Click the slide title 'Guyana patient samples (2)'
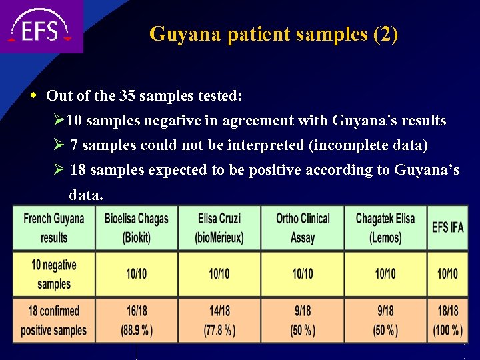click(x=273, y=33)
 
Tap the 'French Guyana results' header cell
click(x=54, y=227)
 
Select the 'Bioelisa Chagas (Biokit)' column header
click(x=136, y=227)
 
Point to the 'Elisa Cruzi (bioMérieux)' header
click(x=219, y=227)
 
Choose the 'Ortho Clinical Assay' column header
click(x=303, y=227)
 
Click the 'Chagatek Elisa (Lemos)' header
click(x=385, y=227)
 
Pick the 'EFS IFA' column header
click(x=447, y=227)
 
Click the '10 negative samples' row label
click(x=54, y=274)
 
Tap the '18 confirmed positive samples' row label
click(x=54, y=320)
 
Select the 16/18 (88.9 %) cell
click(x=136, y=320)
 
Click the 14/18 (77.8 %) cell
click(x=219, y=320)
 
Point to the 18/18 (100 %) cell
click(x=447, y=320)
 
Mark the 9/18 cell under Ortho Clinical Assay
click(x=303, y=320)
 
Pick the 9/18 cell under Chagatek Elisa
click(x=385, y=320)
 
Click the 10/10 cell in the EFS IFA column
click(x=447, y=274)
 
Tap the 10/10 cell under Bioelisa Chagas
click(x=136, y=274)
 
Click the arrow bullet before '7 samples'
click(x=59, y=145)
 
